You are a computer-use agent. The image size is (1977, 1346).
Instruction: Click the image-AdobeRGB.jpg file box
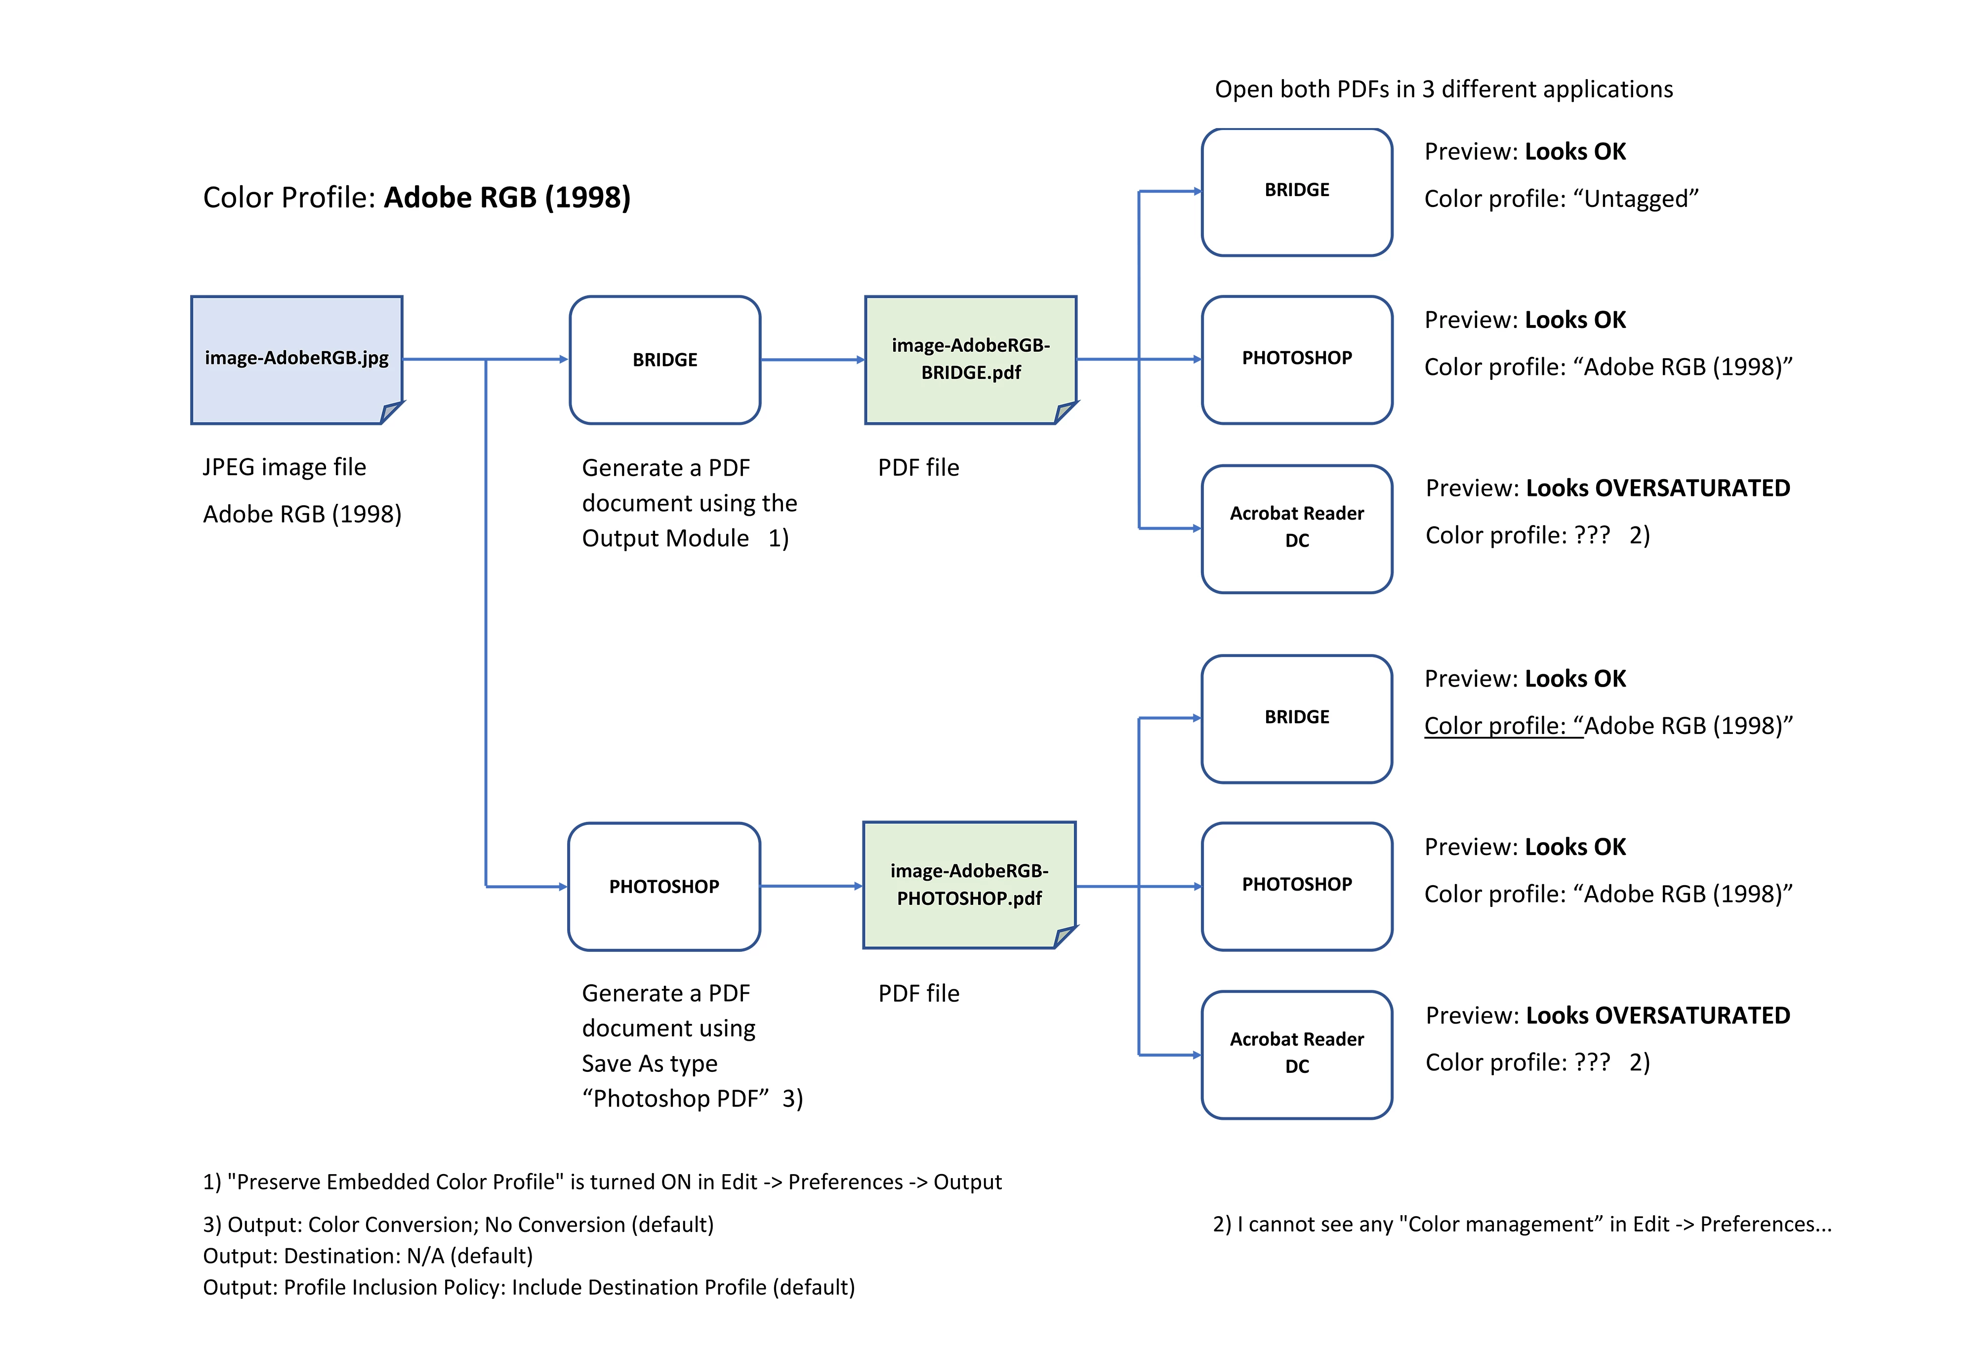[x=296, y=359]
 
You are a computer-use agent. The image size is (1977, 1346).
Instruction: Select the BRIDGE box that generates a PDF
[x=664, y=360]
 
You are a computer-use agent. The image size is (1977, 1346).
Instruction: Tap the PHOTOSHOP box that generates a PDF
[x=663, y=887]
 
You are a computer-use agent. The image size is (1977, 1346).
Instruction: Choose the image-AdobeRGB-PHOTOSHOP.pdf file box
[x=969, y=885]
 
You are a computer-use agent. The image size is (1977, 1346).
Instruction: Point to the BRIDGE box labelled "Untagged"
[x=1296, y=192]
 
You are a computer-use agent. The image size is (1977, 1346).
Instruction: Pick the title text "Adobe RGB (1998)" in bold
[x=507, y=198]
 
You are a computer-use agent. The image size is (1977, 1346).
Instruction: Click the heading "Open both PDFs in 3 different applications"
[x=1443, y=89]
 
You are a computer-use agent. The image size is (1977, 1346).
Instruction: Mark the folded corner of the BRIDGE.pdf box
[x=1066, y=412]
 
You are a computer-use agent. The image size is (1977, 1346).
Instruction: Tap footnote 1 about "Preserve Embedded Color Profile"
[x=601, y=1182]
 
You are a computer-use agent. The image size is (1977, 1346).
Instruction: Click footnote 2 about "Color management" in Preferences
[x=1521, y=1224]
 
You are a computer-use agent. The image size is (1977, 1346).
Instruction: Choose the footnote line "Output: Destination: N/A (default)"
[x=368, y=1256]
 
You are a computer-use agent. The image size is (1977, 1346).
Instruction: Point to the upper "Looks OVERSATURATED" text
[x=1657, y=489]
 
